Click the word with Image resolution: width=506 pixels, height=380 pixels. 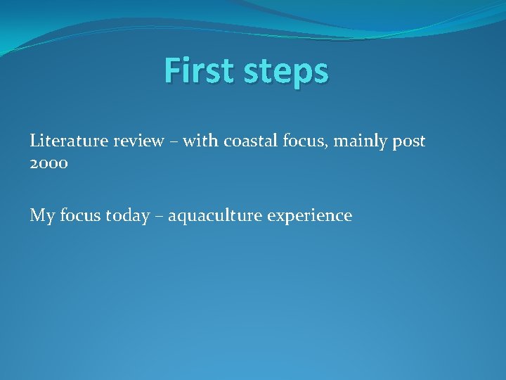point(201,141)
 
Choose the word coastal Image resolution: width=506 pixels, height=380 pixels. point(249,141)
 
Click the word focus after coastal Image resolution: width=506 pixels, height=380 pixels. point(302,141)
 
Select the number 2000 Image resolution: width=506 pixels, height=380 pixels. point(48,163)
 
